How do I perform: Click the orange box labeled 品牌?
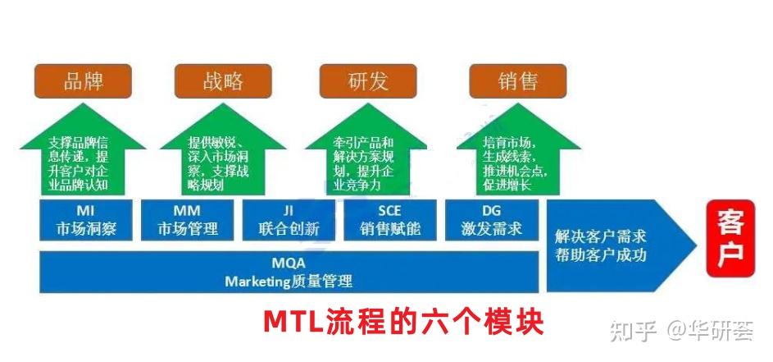[84, 81]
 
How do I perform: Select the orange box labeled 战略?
[223, 81]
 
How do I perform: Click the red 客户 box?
[730, 238]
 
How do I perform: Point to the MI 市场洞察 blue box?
[86, 221]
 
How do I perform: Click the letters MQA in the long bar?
[289, 263]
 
